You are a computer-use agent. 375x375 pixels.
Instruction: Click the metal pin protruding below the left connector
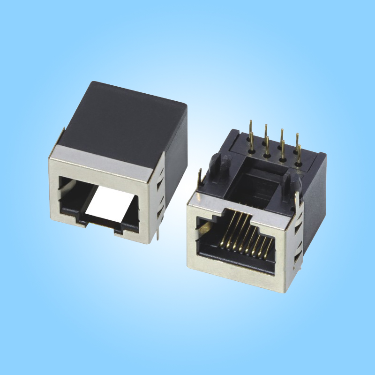pyautogui.click(x=158, y=233)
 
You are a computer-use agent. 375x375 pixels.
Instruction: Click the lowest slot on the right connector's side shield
pyautogui.click(x=296, y=260)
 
